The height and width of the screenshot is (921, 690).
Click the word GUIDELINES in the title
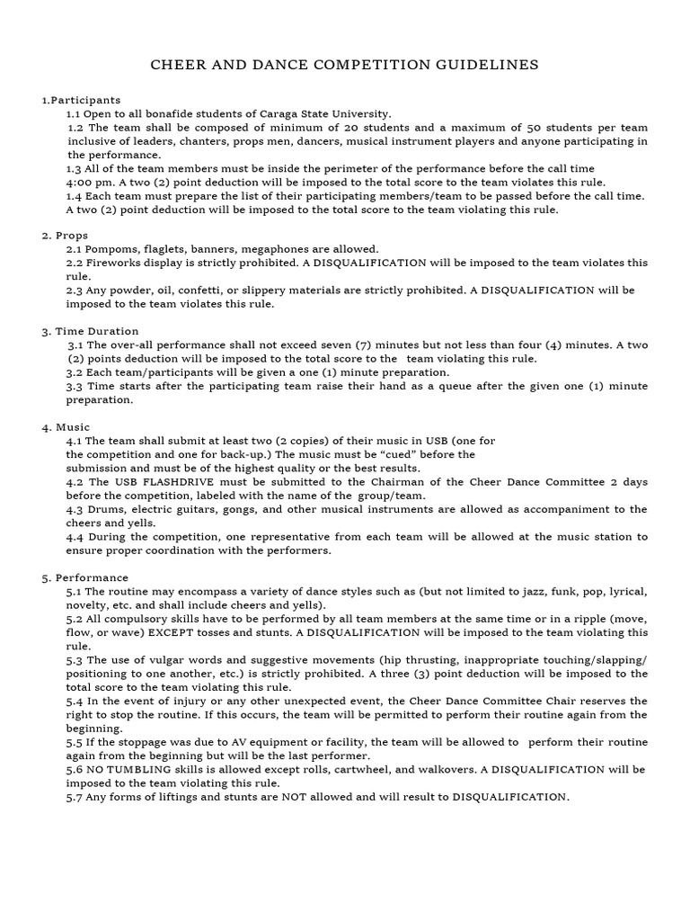click(x=488, y=65)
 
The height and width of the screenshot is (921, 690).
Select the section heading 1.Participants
click(x=81, y=100)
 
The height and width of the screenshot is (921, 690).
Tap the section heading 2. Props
click(x=65, y=236)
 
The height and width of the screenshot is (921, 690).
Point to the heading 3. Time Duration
click(x=90, y=331)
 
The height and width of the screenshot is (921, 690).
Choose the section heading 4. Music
click(x=66, y=427)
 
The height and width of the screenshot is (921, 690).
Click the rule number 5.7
click(x=75, y=797)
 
